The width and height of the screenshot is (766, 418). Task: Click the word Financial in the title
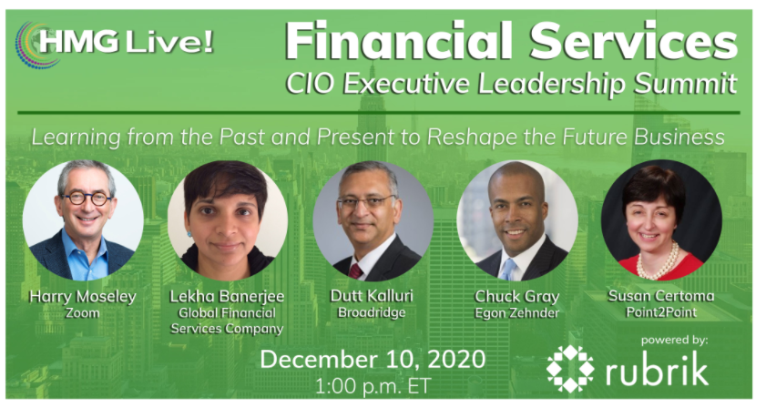[x=387, y=41]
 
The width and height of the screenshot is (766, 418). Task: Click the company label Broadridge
[x=372, y=311]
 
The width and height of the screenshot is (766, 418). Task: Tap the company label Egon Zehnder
[x=516, y=311]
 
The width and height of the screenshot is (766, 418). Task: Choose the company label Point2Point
[x=661, y=311]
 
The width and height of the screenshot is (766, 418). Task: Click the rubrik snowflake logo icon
[x=570, y=368]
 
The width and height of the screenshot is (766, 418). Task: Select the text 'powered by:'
[x=674, y=340]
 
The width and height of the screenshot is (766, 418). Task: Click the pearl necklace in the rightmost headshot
[x=658, y=264]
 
